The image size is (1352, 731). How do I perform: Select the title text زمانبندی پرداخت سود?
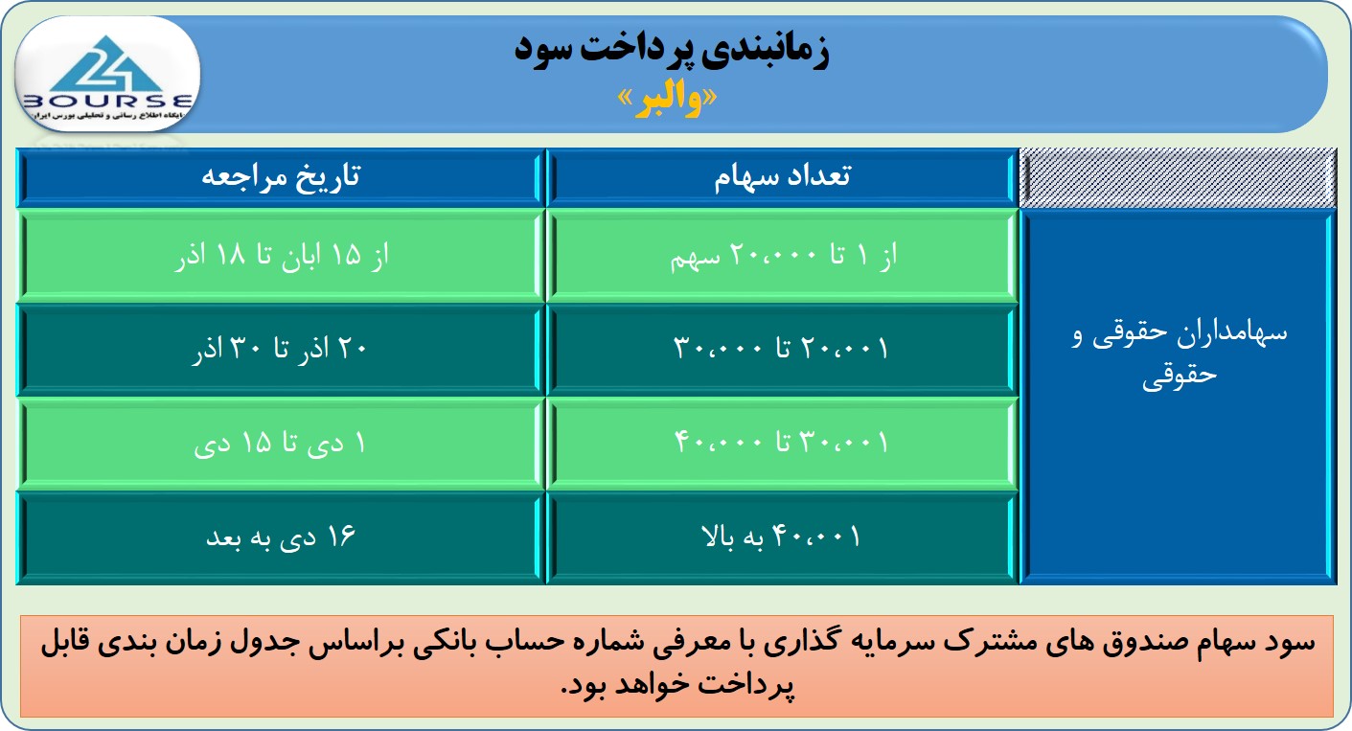(x=672, y=51)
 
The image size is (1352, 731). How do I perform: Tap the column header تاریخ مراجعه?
(x=281, y=177)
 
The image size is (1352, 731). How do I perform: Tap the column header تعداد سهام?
(x=782, y=177)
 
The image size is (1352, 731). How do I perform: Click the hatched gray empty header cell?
(x=1178, y=178)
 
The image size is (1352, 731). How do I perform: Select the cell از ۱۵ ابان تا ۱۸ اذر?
(x=282, y=256)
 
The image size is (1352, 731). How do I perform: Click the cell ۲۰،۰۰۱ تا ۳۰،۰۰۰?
(x=781, y=349)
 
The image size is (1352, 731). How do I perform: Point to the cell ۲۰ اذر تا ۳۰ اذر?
(x=280, y=349)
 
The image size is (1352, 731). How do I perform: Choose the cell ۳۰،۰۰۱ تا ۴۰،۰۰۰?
(x=781, y=443)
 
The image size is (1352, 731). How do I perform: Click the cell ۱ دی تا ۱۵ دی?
(x=280, y=444)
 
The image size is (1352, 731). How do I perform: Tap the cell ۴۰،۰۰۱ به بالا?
(x=781, y=537)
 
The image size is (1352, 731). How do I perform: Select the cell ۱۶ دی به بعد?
(x=281, y=537)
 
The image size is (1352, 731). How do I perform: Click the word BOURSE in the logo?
(x=106, y=101)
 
